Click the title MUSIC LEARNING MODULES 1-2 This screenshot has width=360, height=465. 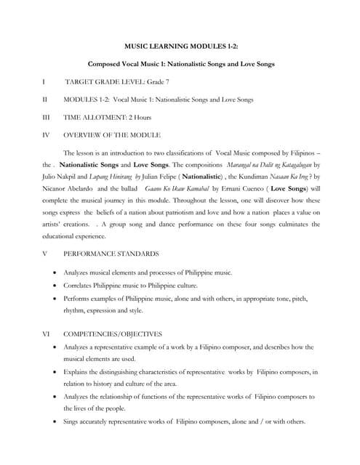[x=180, y=45]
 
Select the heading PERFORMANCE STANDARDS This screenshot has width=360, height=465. [x=111, y=254]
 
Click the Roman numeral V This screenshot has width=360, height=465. [x=45, y=254]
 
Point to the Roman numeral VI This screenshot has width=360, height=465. [x=46, y=334]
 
